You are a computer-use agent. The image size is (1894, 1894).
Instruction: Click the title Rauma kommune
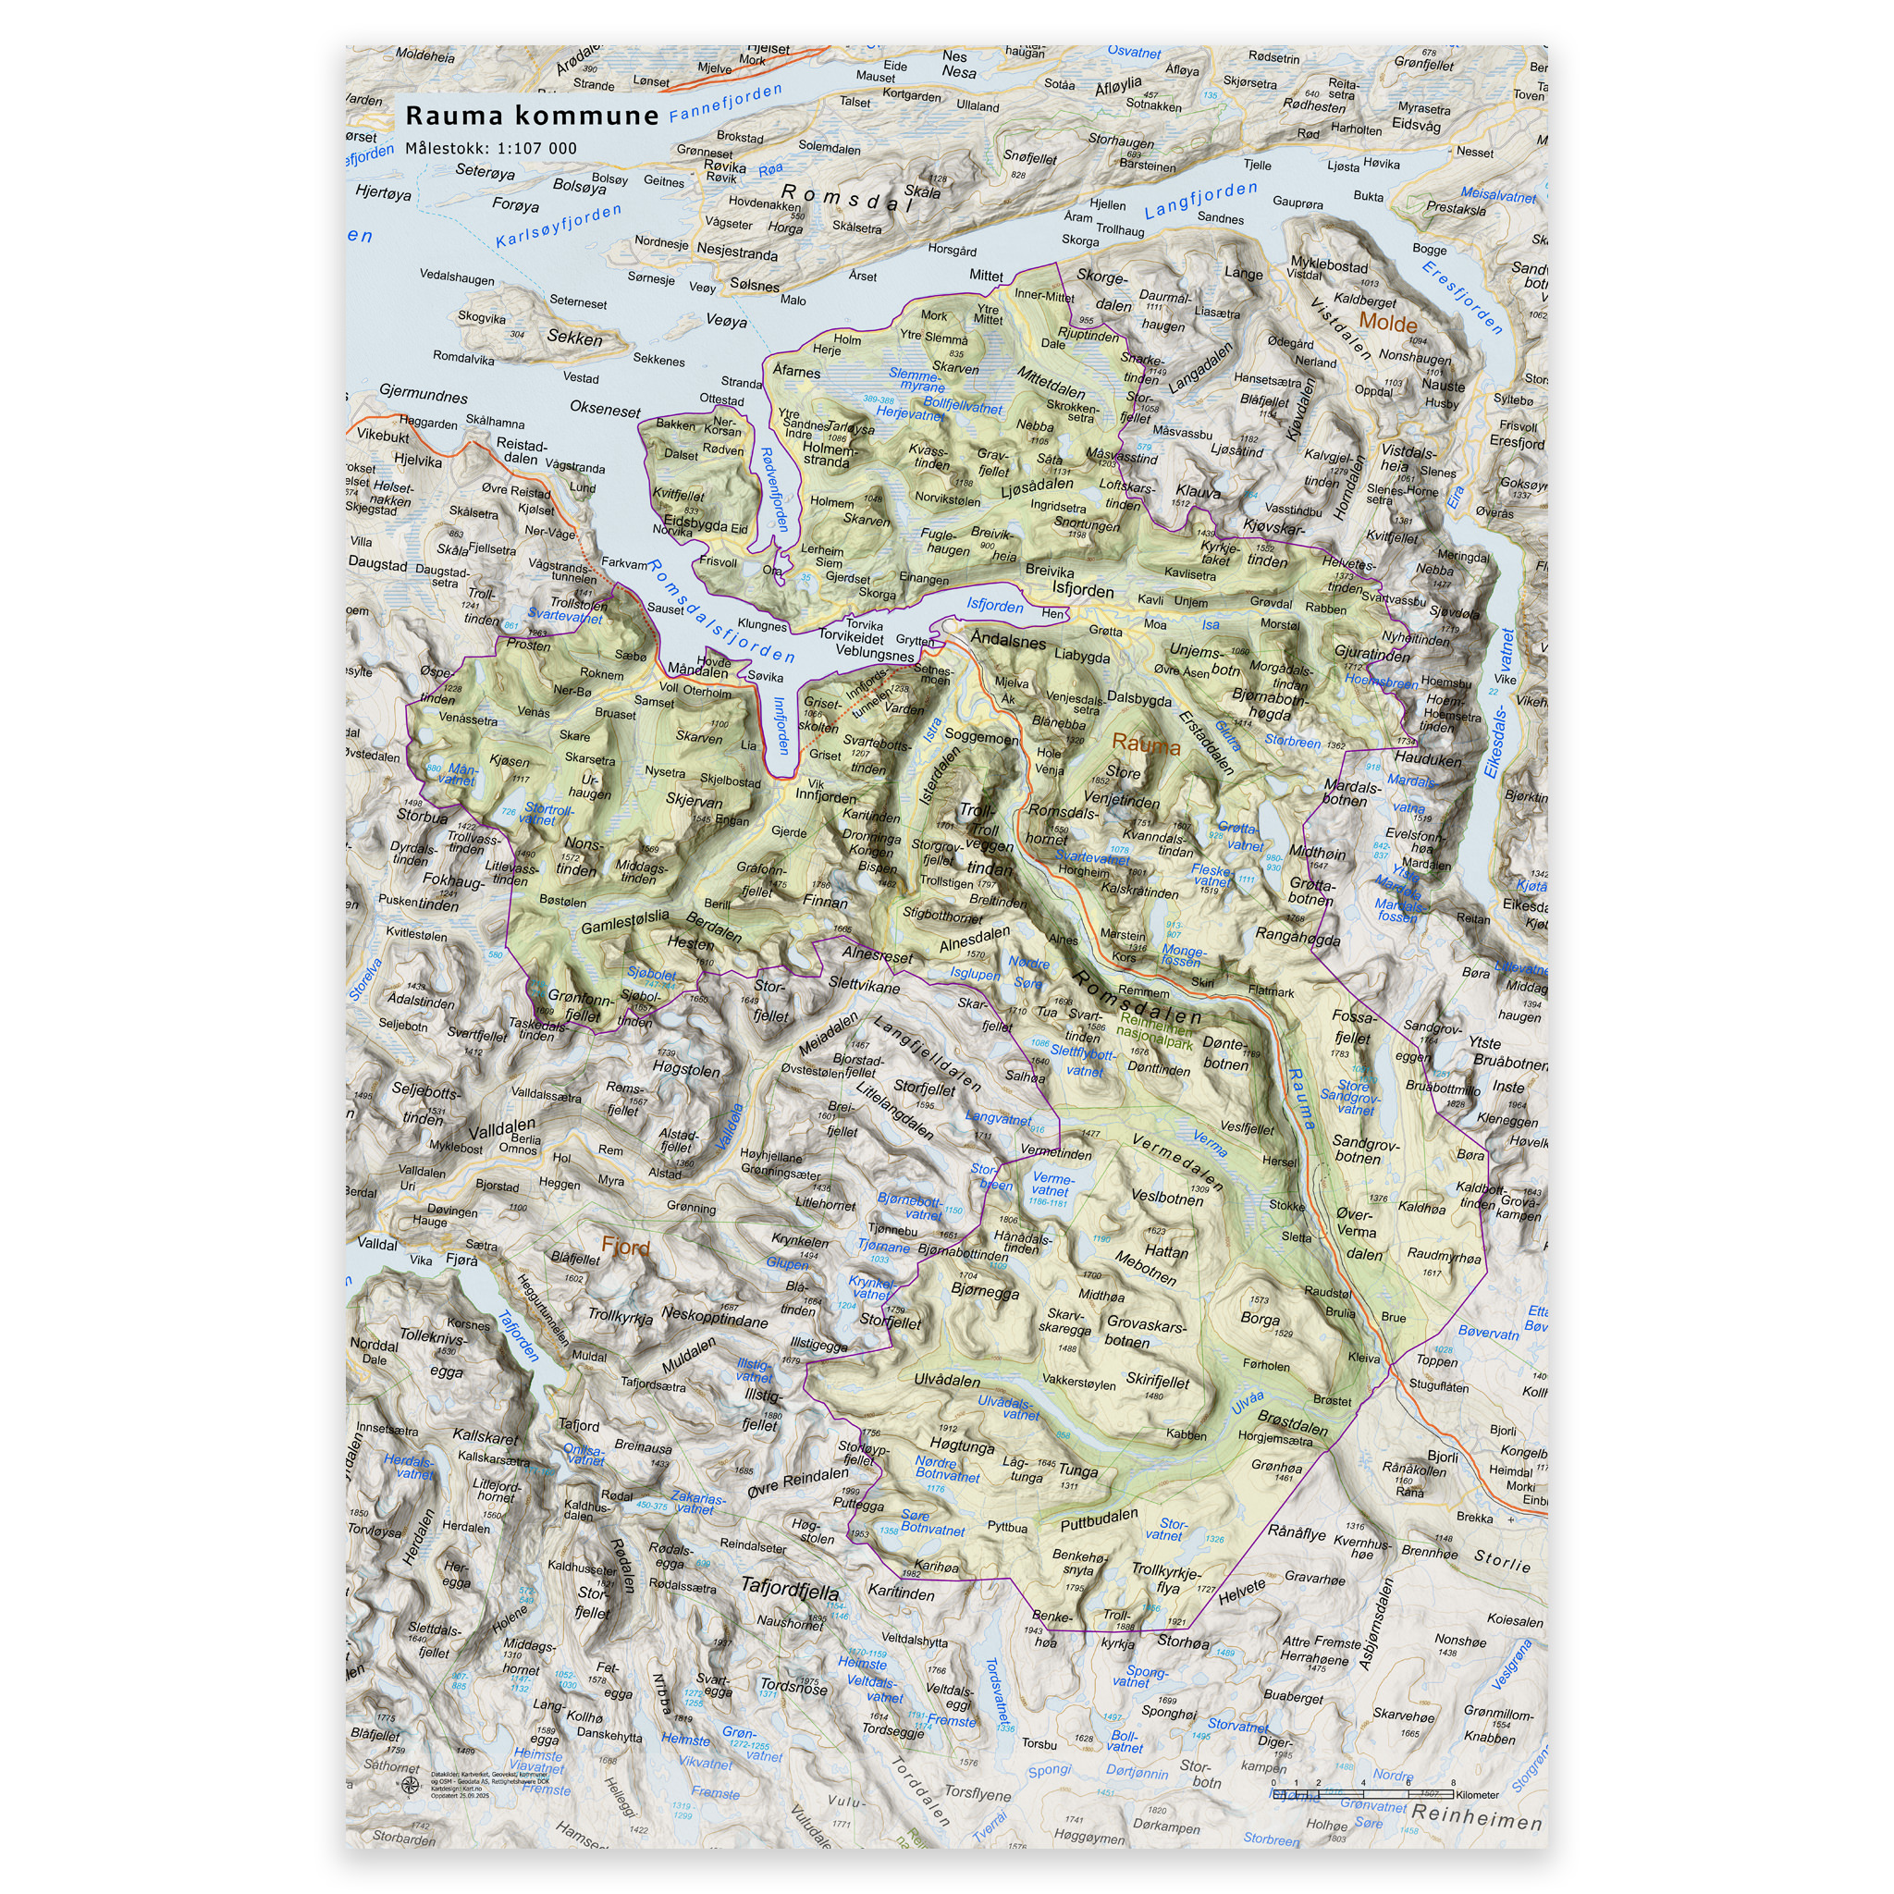click(532, 116)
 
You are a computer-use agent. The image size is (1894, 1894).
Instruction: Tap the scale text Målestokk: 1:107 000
click(491, 149)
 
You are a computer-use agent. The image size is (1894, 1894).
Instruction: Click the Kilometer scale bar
click(1372, 1795)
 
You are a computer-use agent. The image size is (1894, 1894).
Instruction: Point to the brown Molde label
click(1387, 324)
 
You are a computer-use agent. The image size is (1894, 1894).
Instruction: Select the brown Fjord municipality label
click(624, 1247)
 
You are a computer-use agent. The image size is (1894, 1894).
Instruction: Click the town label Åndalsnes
click(1008, 641)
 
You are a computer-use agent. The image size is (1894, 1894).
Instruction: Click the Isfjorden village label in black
click(1082, 590)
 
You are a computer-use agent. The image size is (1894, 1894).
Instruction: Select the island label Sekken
click(574, 338)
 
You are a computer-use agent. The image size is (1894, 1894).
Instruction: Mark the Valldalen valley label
click(501, 1127)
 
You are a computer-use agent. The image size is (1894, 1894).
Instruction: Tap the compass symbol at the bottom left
click(410, 1786)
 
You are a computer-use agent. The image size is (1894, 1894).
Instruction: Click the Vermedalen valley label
click(1177, 1162)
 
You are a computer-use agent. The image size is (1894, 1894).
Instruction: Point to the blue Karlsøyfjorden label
click(558, 226)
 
